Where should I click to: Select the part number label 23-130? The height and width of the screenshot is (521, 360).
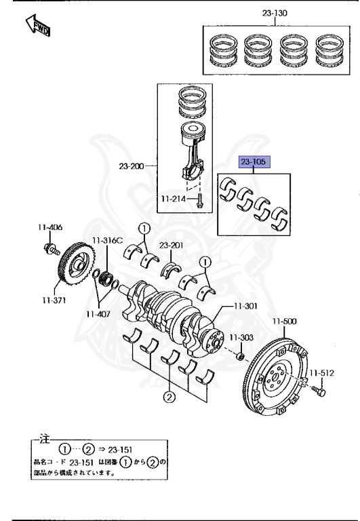pos(275,13)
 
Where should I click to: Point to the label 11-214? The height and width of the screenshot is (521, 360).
pos(174,199)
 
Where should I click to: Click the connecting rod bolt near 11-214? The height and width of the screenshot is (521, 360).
pos(199,201)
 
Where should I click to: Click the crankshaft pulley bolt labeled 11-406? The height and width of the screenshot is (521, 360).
pos(51,250)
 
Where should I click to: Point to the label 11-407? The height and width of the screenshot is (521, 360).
pos(98,314)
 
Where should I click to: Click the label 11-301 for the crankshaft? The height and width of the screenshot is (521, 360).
pos(246,306)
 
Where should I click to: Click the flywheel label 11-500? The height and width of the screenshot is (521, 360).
pos(285,321)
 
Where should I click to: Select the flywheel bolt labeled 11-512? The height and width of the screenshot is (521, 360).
pos(321,391)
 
